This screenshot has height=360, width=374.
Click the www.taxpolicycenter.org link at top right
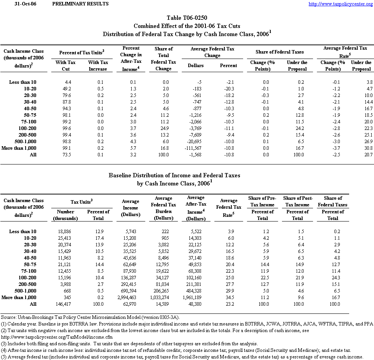click(341, 4)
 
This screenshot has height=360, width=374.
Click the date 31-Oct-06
click(25, 4)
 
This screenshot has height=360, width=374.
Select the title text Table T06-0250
click(187, 18)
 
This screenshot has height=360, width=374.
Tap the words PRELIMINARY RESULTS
click(80, 4)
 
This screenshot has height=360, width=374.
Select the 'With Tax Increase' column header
click(98, 66)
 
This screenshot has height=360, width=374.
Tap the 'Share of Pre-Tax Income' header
click(263, 201)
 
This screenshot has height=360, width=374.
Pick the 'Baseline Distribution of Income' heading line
click(174, 175)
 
